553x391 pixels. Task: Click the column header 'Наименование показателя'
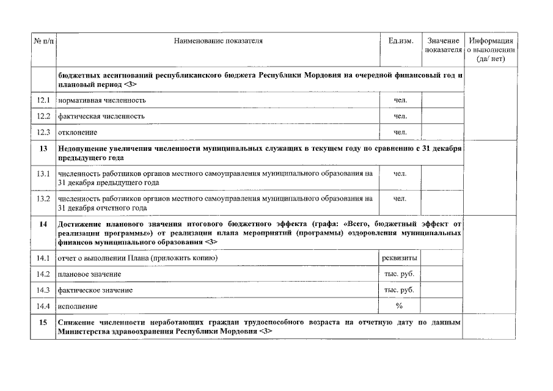[218, 41]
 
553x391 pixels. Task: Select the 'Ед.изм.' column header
[400, 41]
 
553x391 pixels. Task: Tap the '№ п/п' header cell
[43, 41]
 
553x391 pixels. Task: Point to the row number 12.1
[43, 100]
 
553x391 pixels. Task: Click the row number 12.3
[43, 132]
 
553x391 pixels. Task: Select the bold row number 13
[43, 148]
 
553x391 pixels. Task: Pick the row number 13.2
[43, 199]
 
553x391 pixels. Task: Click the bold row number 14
[43, 224]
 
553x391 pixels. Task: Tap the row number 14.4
[43, 305]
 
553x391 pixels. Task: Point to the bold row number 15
[43, 321]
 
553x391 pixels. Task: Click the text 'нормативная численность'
[102, 100]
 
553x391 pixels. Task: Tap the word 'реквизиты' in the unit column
[400, 258]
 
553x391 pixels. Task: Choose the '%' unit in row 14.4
[400, 305]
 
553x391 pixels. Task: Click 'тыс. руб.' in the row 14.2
[400, 274]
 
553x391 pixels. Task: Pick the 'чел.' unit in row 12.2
[400, 116]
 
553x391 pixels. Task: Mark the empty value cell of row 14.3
[442, 290]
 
